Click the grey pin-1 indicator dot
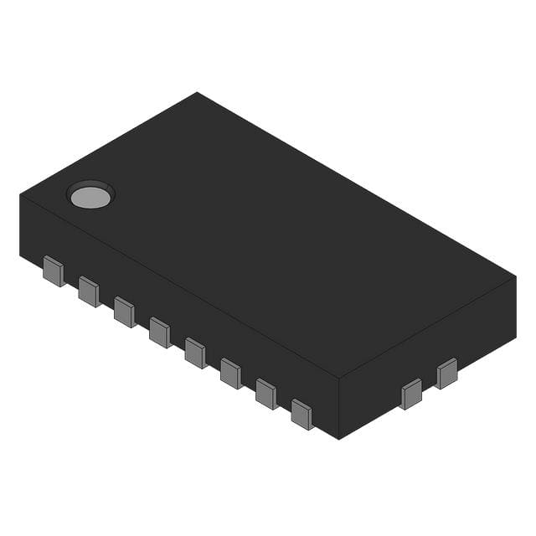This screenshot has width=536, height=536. coord(90,197)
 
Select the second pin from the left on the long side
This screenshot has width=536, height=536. coord(89,291)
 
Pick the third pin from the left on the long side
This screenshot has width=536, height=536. coord(124,312)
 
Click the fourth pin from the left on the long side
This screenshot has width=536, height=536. coord(160,332)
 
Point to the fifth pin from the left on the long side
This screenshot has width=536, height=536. coord(195,352)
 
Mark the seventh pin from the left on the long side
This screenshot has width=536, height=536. coord(266,393)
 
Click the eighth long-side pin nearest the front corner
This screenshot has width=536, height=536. coord(301,414)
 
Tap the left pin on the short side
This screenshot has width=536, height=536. coord(411,394)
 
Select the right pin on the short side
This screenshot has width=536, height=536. coord(447,374)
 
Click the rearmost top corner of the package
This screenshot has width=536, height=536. coord(197,92)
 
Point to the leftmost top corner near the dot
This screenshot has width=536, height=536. coord(20,194)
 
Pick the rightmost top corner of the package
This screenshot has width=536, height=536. coord(516,276)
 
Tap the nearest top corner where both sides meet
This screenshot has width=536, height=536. coord(338,378)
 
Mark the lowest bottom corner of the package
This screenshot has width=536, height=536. coord(338,439)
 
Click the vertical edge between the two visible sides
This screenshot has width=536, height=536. coord(338,408)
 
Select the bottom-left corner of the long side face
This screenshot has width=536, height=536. coord(21,256)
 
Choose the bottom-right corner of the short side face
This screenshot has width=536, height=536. coord(515,337)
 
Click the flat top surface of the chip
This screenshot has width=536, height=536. coord(268,234)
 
